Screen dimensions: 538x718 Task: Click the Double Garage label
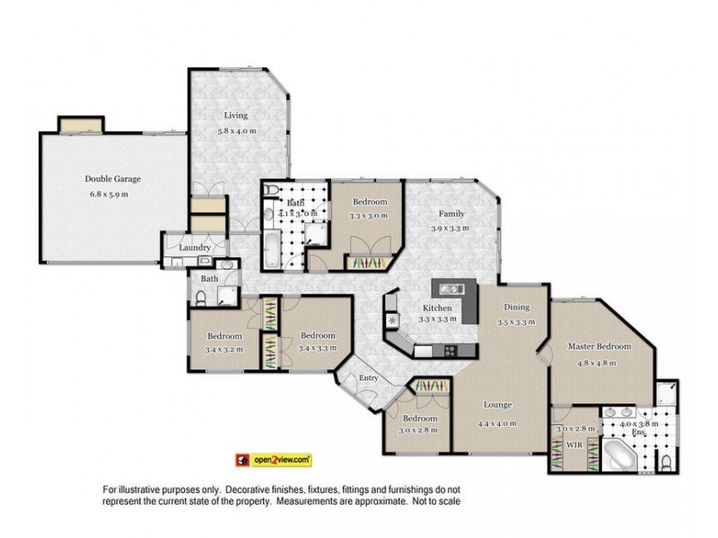[x=113, y=178]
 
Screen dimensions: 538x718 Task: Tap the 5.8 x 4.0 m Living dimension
[x=236, y=132]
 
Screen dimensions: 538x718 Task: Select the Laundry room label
[x=195, y=247]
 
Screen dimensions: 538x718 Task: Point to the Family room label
[x=451, y=213]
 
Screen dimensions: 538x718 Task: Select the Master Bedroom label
[x=600, y=346]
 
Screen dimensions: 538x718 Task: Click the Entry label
[x=368, y=377]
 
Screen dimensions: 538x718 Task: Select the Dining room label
[x=516, y=307]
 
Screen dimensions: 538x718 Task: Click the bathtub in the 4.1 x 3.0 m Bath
[x=272, y=247]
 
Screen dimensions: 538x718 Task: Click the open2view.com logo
[x=273, y=458]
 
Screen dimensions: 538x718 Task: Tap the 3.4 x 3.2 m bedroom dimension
[x=224, y=350]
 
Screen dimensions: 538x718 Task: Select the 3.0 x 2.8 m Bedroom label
[x=419, y=419]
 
